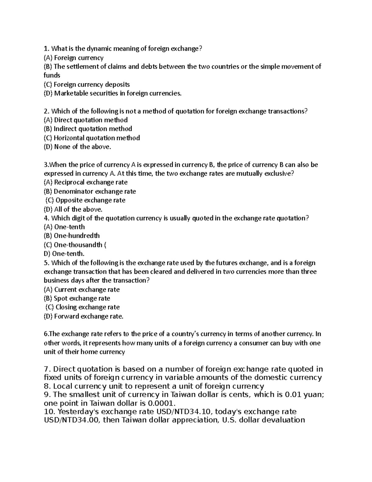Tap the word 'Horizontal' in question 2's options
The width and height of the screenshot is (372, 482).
pyautogui.click(x=69, y=138)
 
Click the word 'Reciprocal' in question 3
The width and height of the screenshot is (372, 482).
pyautogui.click(x=69, y=182)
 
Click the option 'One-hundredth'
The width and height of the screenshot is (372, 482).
pyautogui.click(x=77, y=236)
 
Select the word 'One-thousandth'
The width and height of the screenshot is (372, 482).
pyautogui.click(x=78, y=245)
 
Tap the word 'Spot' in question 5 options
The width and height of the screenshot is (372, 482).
pyautogui.click(x=60, y=299)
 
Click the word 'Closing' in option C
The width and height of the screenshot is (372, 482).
pyautogui.click(x=66, y=307)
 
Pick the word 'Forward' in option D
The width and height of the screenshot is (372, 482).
pyautogui.click(x=66, y=317)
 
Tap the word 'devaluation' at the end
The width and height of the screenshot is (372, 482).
pyautogui.click(x=283, y=420)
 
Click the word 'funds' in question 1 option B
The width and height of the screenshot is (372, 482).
pyautogui.click(x=52, y=75)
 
